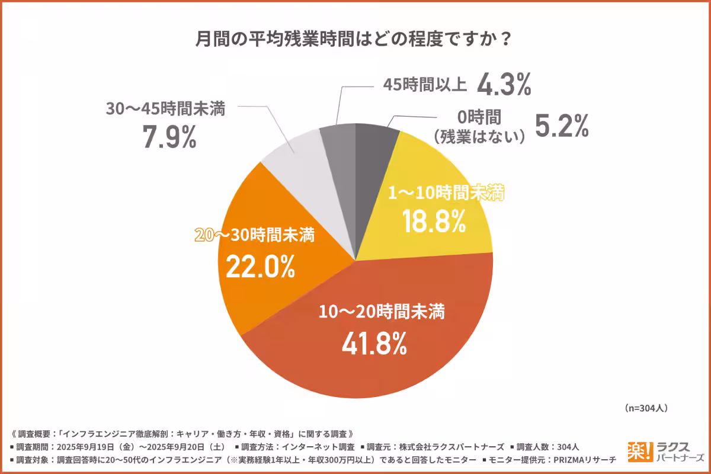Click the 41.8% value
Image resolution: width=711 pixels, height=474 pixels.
pyautogui.click(x=374, y=343)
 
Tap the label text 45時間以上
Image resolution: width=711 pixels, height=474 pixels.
pyautogui.click(x=421, y=87)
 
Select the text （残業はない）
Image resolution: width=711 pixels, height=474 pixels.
pyautogui.click(x=479, y=137)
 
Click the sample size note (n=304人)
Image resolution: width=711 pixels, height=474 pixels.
pyautogui.click(x=646, y=408)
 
